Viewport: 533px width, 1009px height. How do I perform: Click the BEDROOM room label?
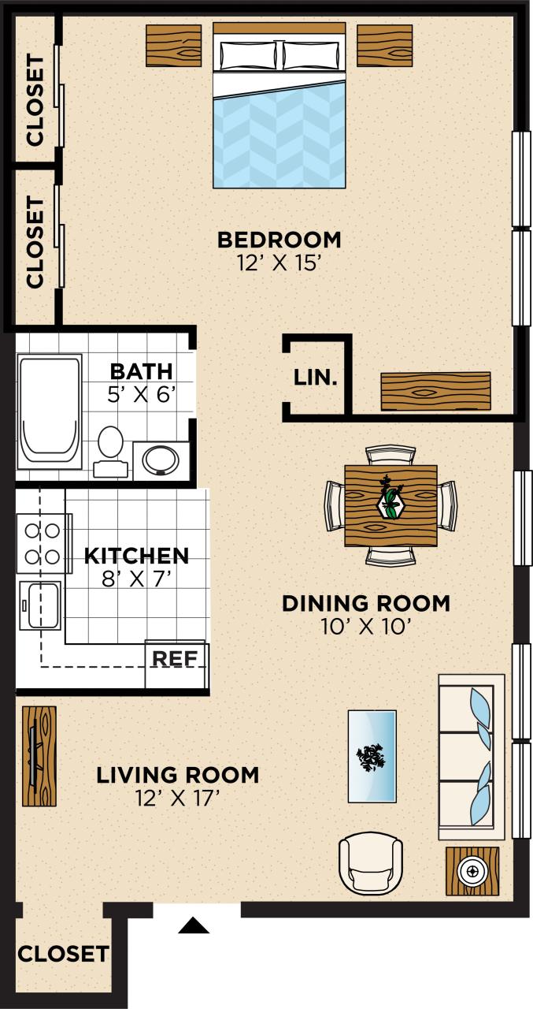point(279,239)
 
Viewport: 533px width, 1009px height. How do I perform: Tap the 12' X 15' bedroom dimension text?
point(279,263)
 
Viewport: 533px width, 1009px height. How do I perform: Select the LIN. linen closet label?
point(316,378)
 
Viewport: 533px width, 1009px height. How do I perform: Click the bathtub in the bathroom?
point(50,410)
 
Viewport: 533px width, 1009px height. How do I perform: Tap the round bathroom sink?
point(161,459)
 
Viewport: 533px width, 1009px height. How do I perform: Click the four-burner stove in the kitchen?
point(42,543)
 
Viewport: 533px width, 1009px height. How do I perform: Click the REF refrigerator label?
point(175,658)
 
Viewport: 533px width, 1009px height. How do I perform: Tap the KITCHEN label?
point(136,556)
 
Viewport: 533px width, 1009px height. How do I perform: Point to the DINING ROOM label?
point(366,604)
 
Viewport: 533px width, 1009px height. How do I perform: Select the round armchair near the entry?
point(370,865)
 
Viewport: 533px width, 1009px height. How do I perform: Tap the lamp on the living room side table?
point(472,871)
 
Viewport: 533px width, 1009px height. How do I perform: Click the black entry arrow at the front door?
point(194,925)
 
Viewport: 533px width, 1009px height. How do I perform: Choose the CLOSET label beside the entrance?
point(63,955)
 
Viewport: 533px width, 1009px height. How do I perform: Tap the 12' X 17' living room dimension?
point(177,799)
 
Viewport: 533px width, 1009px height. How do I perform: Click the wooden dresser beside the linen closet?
point(435,391)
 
